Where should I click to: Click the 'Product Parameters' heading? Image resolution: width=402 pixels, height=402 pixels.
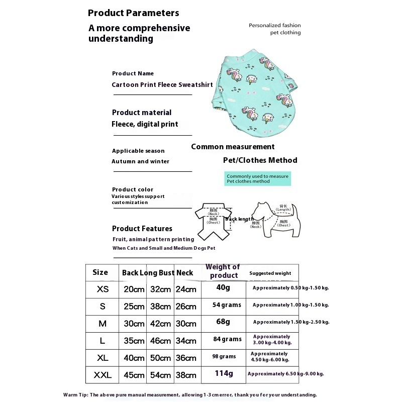(133, 13)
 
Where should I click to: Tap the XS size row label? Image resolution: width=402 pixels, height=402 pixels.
(103, 289)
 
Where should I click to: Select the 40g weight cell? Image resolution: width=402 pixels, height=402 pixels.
(223, 288)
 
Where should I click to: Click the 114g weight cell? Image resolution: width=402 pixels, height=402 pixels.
(224, 373)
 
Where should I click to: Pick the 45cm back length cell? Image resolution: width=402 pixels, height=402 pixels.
(134, 375)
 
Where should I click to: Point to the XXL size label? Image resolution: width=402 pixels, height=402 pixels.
(103, 375)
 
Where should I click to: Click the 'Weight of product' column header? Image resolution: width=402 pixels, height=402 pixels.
(223, 271)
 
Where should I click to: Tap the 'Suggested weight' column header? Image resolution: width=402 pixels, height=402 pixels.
(270, 273)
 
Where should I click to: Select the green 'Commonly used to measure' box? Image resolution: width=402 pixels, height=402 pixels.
(257, 179)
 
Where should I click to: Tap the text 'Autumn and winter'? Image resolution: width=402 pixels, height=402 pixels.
(140, 161)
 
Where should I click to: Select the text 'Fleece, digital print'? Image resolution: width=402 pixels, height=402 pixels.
(145, 124)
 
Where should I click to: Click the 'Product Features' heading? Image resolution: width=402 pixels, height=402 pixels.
(142, 229)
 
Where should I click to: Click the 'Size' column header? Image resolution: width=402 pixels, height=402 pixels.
(100, 272)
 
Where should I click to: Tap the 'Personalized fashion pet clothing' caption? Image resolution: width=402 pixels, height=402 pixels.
(274, 29)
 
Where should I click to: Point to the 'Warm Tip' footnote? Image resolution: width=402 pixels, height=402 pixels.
(190, 395)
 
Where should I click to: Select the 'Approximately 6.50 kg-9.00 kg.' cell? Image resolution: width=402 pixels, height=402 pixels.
(285, 374)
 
